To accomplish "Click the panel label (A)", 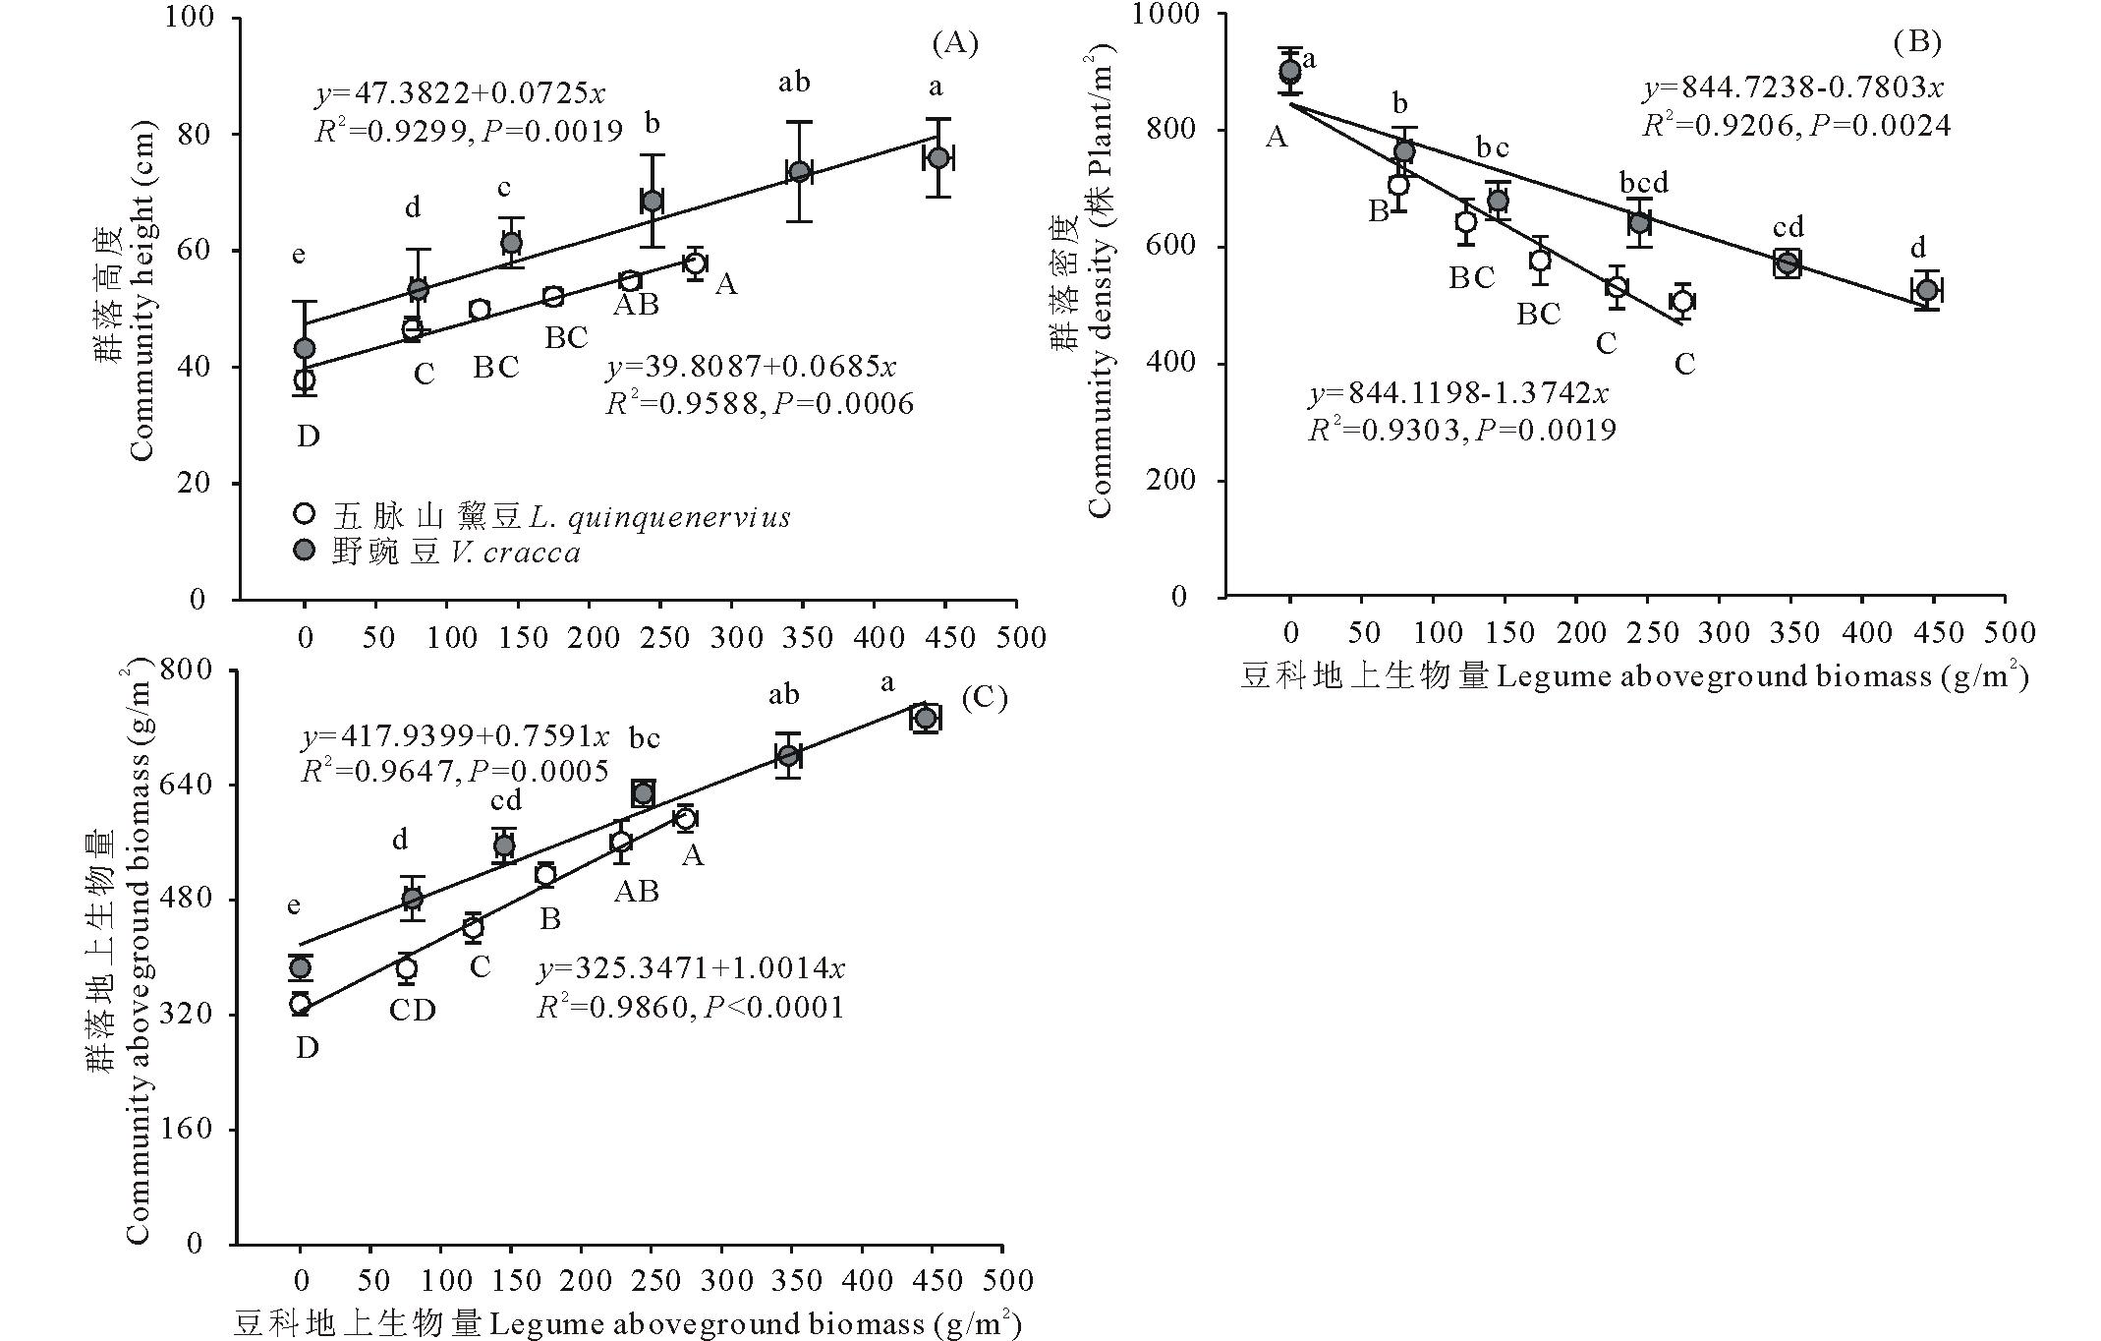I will [x=955, y=43].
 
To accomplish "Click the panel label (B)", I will [x=1917, y=41].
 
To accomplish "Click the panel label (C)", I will [x=985, y=697].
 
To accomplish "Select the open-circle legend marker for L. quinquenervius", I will [x=305, y=514].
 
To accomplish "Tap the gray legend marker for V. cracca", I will [x=305, y=551].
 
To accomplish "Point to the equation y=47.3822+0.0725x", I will [x=460, y=94].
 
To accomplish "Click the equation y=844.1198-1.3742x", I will [x=1459, y=393].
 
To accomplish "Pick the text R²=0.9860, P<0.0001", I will [x=690, y=1007].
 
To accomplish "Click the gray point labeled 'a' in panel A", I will [x=938, y=157].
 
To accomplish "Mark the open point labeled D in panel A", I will [x=305, y=379].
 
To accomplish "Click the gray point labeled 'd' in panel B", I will [x=1926, y=290].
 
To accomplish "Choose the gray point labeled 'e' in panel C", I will [x=300, y=967].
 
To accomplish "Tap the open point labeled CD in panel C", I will [x=406, y=968].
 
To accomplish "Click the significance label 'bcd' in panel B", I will [x=1644, y=183].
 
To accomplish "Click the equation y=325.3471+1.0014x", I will [x=691, y=969].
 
